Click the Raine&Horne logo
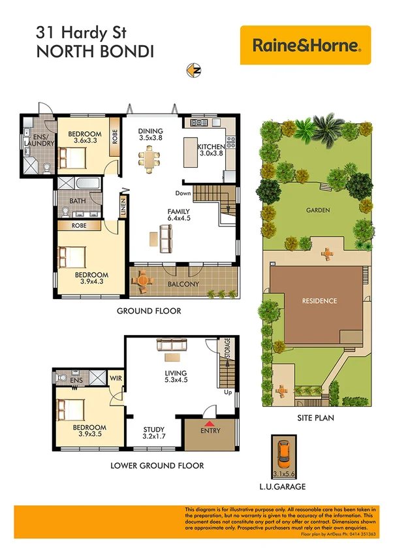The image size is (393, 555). click(x=305, y=45)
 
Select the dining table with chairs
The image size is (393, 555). click(x=150, y=159)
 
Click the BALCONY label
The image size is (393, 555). click(x=183, y=284)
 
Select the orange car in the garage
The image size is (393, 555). click(x=285, y=456)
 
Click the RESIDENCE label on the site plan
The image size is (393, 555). click(x=319, y=301)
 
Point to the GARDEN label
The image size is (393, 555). click(x=317, y=210)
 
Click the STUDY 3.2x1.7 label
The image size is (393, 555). click(x=154, y=434)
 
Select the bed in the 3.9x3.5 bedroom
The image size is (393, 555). click(x=71, y=409)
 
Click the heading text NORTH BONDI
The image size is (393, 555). click(x=95, y=52)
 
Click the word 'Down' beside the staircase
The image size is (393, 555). click(x=182, y=193)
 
